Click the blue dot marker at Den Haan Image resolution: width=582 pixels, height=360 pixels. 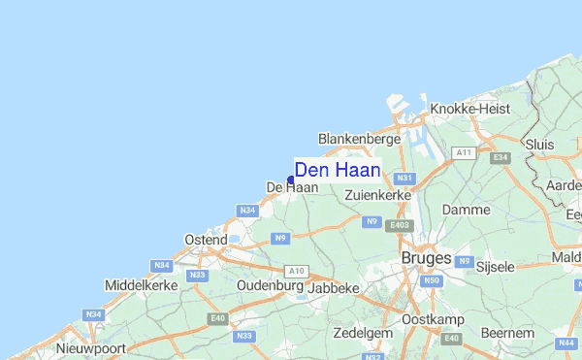[291, 180]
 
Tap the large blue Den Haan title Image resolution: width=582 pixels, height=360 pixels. [337, 170]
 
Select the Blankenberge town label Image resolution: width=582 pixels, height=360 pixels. [359, 140]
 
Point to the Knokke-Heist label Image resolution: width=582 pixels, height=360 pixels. [469, 110]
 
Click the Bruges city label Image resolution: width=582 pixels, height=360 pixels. [426, 258]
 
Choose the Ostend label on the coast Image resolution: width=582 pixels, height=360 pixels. [205, 239]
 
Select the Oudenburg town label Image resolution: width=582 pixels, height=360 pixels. [269, 287]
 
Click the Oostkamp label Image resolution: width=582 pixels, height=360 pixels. [433, 319]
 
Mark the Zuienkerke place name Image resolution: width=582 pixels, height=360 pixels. [378, 195]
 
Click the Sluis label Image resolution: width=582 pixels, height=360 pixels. [538, 144]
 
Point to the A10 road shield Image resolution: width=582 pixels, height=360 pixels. [296, 271]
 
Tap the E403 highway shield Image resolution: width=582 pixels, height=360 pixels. [398, 226]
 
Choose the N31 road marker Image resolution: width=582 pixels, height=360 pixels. [404, 179]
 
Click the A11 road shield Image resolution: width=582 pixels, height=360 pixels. [464, 153]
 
